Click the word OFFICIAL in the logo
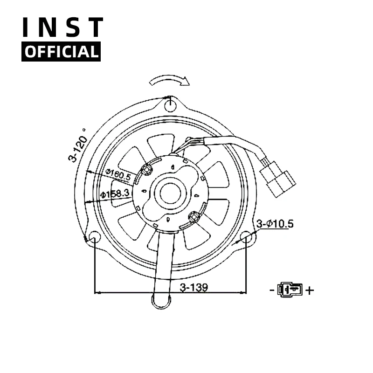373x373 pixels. (61, 51)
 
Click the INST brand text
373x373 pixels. (62, 28)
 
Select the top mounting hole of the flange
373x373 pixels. (171, 104)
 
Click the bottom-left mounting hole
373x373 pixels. (94, 238)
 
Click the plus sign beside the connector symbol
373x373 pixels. (310, 290)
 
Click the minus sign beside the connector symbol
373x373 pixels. (271, 290)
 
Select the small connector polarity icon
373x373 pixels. (290, 290)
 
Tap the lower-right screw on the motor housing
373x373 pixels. (194, 216)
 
